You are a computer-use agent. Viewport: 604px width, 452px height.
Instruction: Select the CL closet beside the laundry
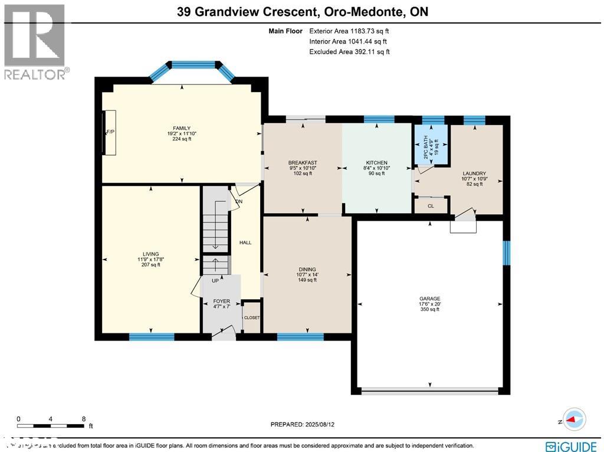(x=431, y=206)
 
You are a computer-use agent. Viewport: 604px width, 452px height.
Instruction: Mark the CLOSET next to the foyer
(x=252, y=317)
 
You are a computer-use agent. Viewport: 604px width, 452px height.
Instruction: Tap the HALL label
(x=245, y=243)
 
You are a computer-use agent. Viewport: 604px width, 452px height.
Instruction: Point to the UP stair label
(x=215, y=281)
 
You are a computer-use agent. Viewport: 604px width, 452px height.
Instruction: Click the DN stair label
(x=239, y=202)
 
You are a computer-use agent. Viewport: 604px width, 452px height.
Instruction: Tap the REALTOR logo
(x=35, y=42)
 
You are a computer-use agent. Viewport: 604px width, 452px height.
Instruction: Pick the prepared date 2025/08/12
(x=306, y=424)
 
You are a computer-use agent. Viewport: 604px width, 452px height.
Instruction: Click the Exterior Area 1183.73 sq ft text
(x=349, y=31)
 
